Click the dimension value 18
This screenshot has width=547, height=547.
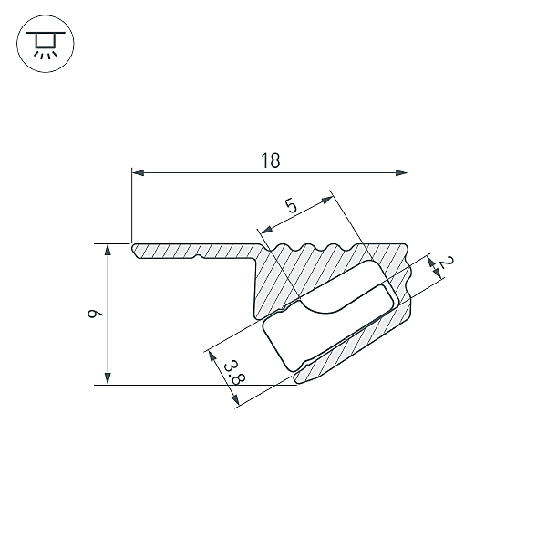pos(271,160)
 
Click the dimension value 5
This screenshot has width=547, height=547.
pos(291,205)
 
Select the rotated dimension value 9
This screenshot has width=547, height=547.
pos(95,314)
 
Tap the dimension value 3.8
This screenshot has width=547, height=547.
pos(234,373)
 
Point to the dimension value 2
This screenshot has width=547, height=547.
pos(446,263)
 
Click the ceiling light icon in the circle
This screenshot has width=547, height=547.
pos(46,44)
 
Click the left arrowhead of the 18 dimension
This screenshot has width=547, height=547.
pos(138,172)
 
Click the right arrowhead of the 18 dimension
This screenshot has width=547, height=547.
pos(401,172)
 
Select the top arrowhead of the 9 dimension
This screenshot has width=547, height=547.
pos(108,250)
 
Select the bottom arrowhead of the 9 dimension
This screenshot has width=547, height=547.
pos(108,378)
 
